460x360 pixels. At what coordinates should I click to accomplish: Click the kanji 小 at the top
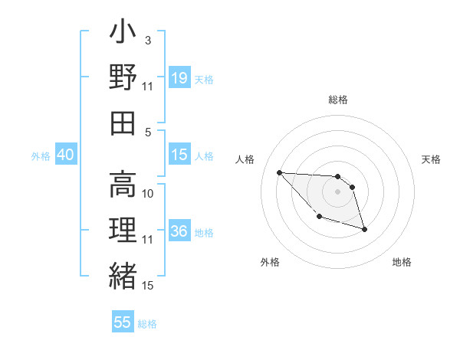tap(123, 34)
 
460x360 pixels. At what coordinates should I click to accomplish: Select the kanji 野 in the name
tap(123, 78)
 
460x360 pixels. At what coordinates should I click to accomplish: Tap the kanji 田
tap(123, 123)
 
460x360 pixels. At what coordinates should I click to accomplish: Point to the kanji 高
tap(123, 184)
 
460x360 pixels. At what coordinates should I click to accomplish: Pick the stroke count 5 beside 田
tap(148, 132)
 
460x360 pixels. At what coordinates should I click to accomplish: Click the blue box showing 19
tap(179, 77)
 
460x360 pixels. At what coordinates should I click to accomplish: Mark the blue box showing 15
tap(179, 155)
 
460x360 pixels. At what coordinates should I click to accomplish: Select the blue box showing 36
tap(179, 231)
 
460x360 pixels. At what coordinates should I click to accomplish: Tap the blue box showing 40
tap(65, 155)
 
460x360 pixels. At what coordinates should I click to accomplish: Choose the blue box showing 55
tap(123, 322)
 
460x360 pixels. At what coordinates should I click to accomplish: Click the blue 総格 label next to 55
tap(147, 324)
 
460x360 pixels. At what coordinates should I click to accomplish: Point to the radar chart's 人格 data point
tap(279, 172)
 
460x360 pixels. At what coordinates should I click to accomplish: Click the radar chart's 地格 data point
tap(364, 229)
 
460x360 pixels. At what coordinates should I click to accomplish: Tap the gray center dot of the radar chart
tap(337, 191)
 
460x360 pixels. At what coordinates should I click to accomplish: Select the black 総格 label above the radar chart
tap(337, 100)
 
